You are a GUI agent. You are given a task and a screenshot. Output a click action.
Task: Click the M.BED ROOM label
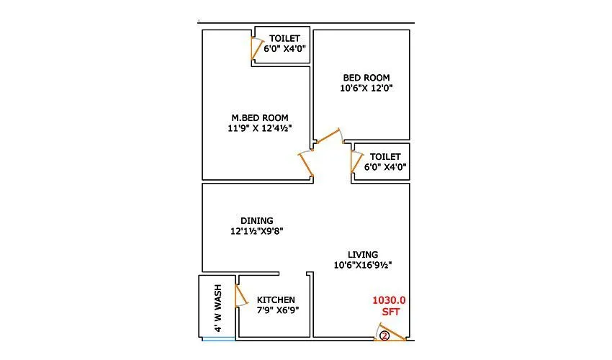coord(260,118)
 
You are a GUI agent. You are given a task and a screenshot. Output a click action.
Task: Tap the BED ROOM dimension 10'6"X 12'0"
coord(366,89)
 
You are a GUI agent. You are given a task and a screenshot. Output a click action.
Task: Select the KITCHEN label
coord(276,300)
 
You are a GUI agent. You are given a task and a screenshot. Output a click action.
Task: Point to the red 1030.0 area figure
coord(390,300)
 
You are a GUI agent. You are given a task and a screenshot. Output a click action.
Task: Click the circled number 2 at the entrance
coord(384,336)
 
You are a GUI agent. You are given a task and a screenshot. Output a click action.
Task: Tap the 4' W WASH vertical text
coord(218,307)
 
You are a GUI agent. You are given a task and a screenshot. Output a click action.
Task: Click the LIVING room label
coord(363,254)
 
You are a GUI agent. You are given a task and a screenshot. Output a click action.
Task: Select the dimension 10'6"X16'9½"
coord(363,265)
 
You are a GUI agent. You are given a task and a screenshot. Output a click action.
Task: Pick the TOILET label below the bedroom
coord(385,156)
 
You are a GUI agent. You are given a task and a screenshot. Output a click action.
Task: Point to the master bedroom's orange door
coord(307,165)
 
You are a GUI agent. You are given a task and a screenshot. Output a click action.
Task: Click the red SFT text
coord(390,311)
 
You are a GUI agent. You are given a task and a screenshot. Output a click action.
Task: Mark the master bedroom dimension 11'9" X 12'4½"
coord(260,130)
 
